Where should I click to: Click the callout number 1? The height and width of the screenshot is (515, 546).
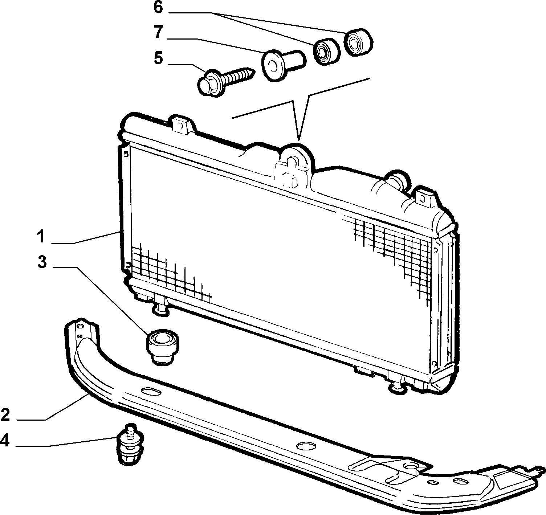(x=41, y=237)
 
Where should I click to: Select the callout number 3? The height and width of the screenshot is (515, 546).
(x=42, y=262)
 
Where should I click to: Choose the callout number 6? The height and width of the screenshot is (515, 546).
(x=158, y=7)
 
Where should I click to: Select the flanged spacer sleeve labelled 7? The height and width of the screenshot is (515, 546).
(x=283, y=65)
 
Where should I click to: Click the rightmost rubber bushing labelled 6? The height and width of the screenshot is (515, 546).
(x=359, y=42)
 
